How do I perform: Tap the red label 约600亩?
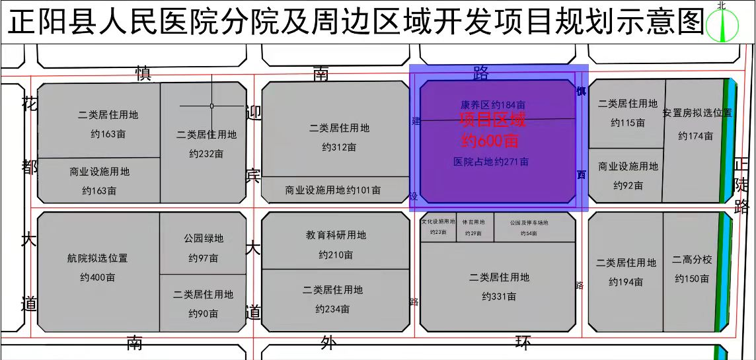tap(490, 140)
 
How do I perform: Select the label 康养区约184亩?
tap(493, 104)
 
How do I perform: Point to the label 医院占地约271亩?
tap(491, 161)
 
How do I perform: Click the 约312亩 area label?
tap(339, 147)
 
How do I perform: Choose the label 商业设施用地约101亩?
tap(333, 190)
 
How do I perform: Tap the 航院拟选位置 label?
tap(97, 258)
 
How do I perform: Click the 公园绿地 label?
tap(204, 238)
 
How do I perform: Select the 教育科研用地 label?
tap(336, 234)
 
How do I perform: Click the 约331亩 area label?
tap(499, 297)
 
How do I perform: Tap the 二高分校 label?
tap(692, 260)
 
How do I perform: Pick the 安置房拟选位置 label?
tap(698, 113)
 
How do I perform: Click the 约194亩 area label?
tap(626, 282)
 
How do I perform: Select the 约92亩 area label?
tap(628, 186)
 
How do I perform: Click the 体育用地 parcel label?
tap(473, 223)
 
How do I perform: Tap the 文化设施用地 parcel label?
tap(438, 222)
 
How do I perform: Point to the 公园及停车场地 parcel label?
tap(529, 223)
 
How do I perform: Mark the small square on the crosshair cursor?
tap(211, 106)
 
